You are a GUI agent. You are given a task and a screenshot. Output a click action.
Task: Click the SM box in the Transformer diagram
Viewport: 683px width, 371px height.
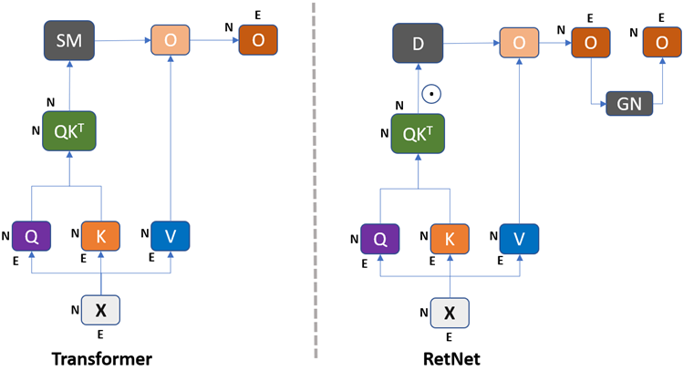(x=68, y=40)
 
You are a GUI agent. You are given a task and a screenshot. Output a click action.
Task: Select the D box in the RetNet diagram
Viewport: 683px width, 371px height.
(x=418, y=44)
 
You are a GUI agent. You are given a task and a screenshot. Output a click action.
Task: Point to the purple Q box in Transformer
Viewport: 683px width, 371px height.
(x=31, y=236)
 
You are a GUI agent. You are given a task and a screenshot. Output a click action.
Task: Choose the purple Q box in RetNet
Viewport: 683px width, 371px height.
(x=380, y=240)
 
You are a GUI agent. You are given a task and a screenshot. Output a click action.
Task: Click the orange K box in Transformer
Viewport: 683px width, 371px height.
(x=101, y=236)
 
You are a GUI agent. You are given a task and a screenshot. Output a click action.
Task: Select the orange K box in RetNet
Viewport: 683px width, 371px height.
(x=450, y=240)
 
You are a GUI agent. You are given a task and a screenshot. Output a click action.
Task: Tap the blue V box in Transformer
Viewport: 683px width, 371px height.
(x=170, y=236)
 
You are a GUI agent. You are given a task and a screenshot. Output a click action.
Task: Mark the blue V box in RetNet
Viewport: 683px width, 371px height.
(x=519, y=240)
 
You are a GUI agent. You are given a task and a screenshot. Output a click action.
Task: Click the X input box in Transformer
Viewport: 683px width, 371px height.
(x=101, y=310)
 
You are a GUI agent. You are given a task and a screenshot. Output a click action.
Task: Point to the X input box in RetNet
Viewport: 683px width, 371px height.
(x=450, y=314)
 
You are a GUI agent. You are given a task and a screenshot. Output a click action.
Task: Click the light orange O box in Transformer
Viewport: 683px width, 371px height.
(x=171, y=40)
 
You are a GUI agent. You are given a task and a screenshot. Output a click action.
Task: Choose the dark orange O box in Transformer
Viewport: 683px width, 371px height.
(x=258, y=40)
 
